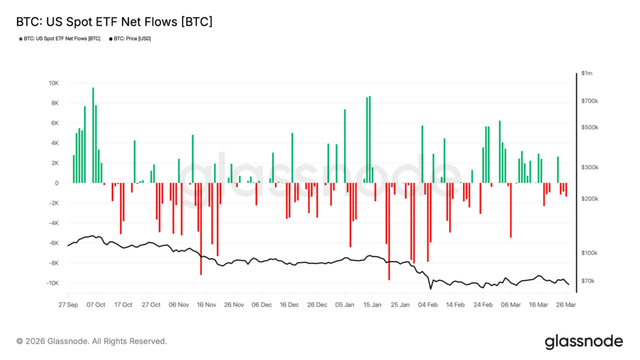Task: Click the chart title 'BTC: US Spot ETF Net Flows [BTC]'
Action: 113,22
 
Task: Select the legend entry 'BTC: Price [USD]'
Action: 133,39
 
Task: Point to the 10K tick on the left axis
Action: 53,83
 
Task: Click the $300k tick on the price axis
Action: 589,167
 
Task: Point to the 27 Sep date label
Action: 67,305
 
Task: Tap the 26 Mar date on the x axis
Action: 566,305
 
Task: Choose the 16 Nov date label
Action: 206,305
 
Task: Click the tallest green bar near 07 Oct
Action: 93,135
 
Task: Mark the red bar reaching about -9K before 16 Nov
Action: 201,229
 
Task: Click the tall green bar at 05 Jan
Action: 345,146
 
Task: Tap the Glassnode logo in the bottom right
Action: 584,341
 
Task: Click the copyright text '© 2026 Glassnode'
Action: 92,341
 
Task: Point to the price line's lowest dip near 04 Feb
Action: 431,289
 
